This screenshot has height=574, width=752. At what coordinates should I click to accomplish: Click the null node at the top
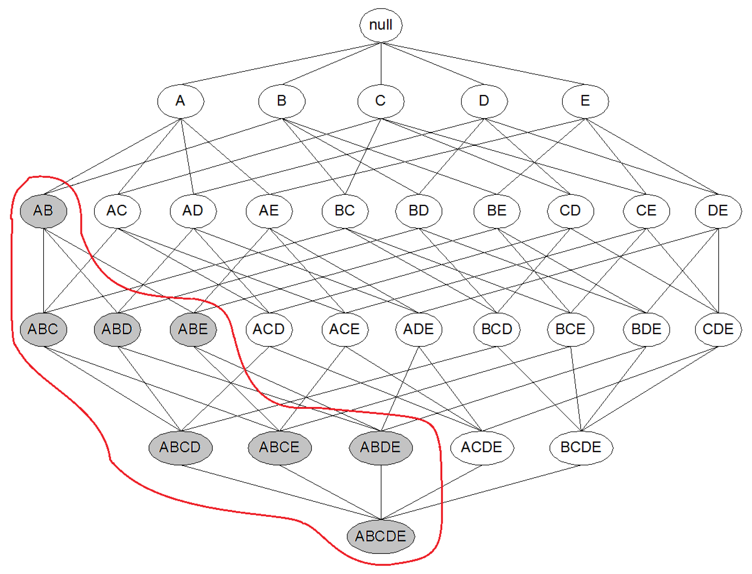click(381, 25)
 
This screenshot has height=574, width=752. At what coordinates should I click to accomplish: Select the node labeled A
click(180, 101)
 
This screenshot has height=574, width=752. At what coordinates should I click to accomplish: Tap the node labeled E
click(585, 101)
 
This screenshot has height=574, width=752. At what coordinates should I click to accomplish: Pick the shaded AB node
click(44, 211)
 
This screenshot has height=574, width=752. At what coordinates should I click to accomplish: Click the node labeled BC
click(345, 211)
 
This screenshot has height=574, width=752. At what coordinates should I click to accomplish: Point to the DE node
click(718, 211)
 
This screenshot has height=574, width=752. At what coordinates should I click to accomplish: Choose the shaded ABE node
click(193, 329)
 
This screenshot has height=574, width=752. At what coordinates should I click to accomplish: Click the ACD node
click(269, 329)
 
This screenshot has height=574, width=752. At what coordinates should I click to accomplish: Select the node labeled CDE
click(718, 329)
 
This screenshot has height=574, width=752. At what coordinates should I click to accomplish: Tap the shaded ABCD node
click(180, 448)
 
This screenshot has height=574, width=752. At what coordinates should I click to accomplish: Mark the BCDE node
click(581, 448)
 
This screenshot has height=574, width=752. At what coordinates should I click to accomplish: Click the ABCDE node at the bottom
click(381, 537)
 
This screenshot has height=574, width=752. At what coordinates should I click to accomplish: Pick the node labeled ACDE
click(482, 448)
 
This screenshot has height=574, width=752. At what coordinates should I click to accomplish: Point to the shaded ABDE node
click(381, 448)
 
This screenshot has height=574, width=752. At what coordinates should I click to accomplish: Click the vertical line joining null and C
click(381, 64)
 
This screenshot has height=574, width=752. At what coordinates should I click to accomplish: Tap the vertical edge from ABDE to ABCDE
click(381, 492)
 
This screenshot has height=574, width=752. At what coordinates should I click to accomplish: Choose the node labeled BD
click(418, 211)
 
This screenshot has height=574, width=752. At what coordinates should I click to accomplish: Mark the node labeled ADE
click(418, 329)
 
